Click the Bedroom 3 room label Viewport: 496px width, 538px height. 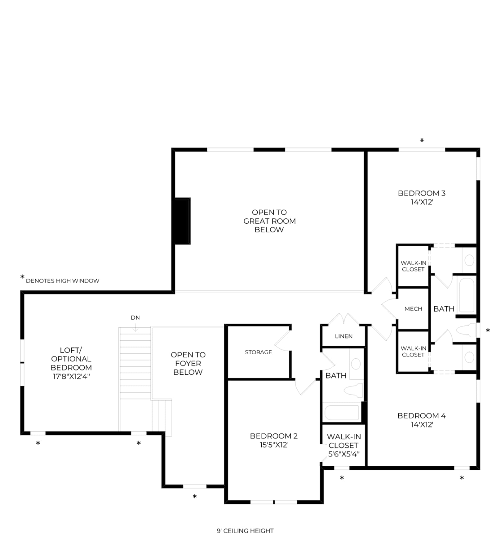click(422, 193)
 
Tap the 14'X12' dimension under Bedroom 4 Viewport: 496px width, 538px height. click(422, 424)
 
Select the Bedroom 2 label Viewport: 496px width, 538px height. click(274, 436)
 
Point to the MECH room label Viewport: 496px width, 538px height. click(413, 309)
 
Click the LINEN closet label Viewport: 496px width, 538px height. click(344, 336)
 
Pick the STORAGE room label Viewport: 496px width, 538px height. click(259, 352)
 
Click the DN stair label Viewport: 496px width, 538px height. click(135, 318)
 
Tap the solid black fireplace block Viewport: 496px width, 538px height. click(183, 221)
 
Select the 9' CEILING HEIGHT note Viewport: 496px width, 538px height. click(245, 531)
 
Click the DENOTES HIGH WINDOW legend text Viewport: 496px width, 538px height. click(63, 281)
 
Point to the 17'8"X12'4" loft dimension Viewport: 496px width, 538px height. click(71, 376)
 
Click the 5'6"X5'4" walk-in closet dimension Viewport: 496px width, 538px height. click(344, 454)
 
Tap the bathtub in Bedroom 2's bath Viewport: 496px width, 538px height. click(342, 413)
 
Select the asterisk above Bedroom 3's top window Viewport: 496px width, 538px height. click(422, 140)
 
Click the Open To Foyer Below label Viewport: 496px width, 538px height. click(188, 363)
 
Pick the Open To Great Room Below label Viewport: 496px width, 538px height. click(269, 221)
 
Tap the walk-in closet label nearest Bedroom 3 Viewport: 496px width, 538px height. click(413, 266)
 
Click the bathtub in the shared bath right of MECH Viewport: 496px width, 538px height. click(467, 295)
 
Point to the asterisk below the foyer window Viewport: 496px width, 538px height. click(195, 496)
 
